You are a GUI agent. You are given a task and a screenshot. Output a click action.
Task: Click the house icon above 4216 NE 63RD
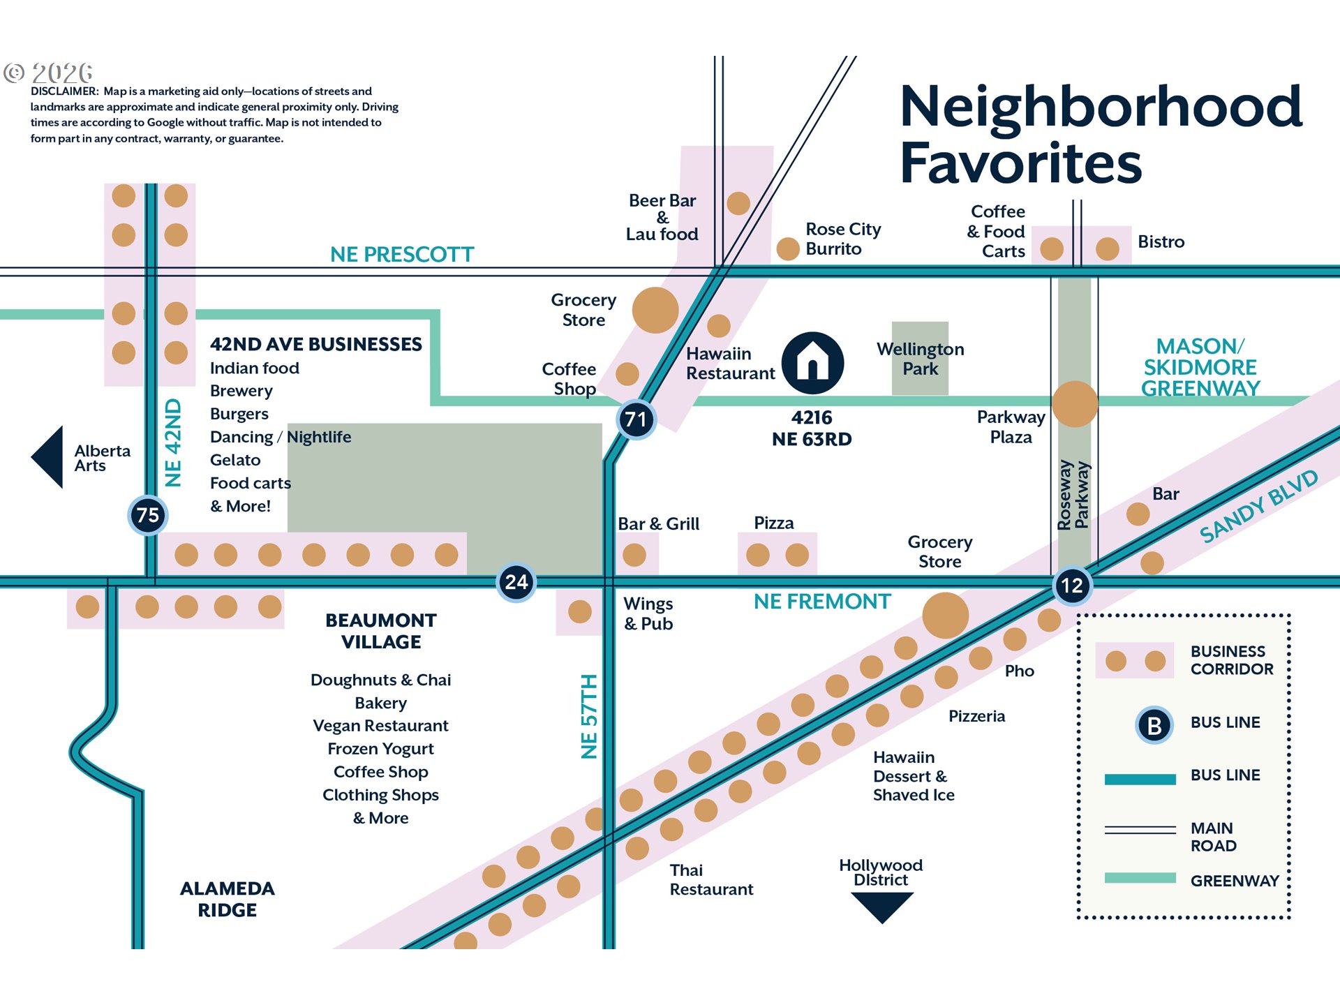(x=812, y=362)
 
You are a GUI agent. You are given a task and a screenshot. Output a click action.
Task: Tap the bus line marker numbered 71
(x=636, y=419)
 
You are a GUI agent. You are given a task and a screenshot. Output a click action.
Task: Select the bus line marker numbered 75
(x=148, y=515)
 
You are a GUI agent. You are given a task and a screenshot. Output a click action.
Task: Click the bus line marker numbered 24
(x=516, y=582)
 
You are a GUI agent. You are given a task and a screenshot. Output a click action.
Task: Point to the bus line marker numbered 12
(x=1072, y=586)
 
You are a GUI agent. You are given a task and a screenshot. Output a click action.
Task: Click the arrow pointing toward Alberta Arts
(x=48, y=457)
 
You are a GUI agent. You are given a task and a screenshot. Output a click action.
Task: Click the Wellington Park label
(x=920, y=359)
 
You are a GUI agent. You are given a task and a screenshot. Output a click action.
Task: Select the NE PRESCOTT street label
(x=402, y=255)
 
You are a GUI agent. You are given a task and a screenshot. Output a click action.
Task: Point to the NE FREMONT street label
(x=822, y=602)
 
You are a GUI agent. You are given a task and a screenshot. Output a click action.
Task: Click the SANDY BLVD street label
(x=1258, y=507)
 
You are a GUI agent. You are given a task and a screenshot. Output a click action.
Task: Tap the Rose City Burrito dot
(x=788, y=248)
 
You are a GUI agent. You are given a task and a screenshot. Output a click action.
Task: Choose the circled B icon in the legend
(x=1154, y=726)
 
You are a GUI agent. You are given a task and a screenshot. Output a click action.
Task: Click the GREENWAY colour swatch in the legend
(x=1140, y=878)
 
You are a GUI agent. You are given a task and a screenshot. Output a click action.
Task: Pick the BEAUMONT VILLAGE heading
(x=381, y=631)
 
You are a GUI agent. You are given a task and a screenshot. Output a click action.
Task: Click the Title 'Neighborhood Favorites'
(x=1100, y=134)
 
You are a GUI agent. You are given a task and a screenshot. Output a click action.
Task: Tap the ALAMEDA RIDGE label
(x=228, y=899)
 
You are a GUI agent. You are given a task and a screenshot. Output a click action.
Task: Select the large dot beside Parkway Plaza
(x=1075, y=404)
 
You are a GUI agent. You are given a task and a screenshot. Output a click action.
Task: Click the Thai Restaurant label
(x=711, y=879)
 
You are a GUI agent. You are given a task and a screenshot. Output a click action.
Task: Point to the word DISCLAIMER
(x=64, y=91)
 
